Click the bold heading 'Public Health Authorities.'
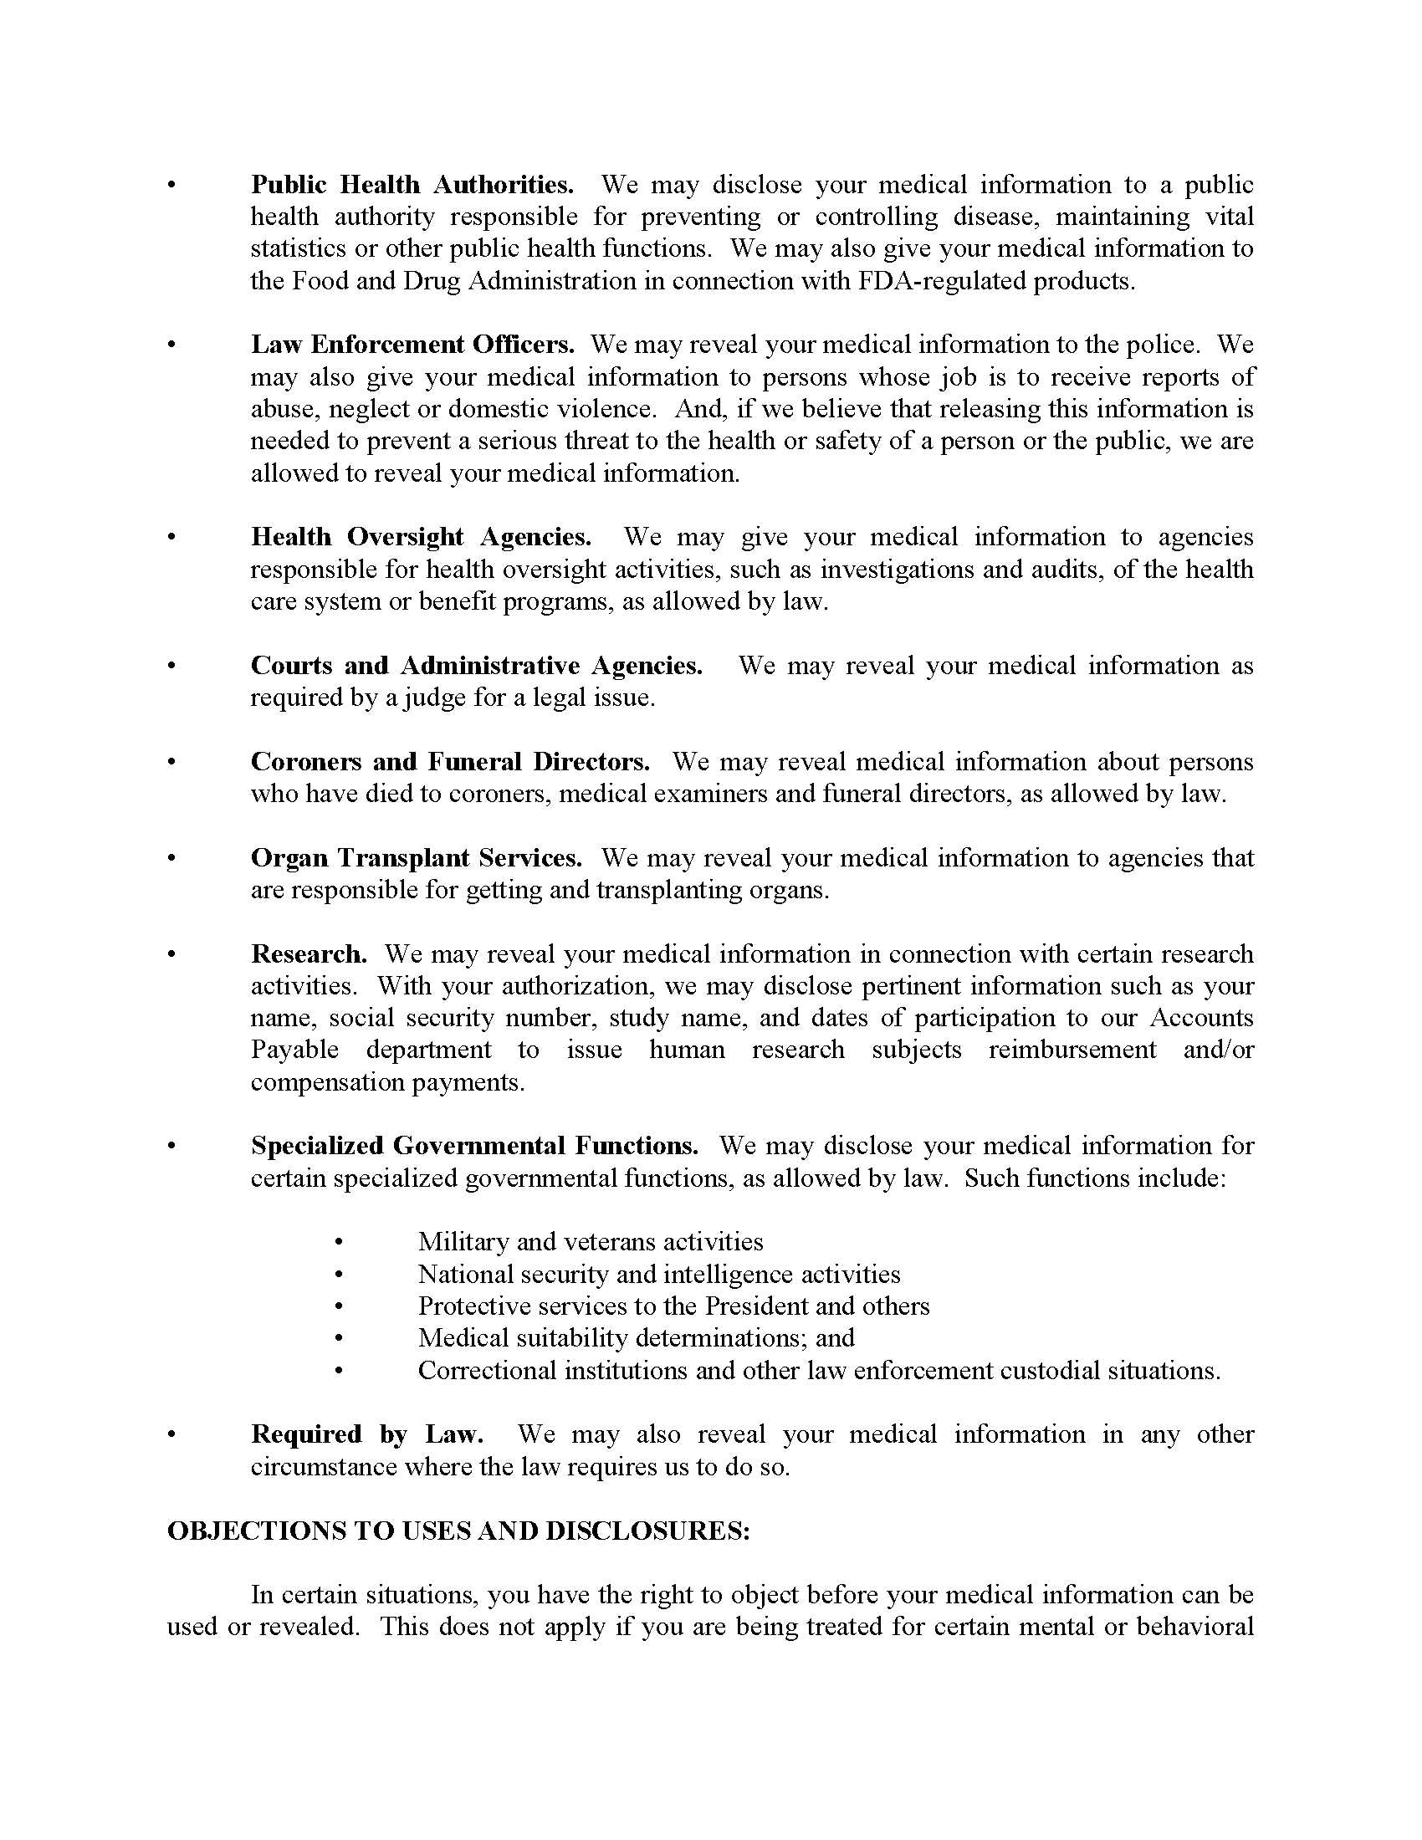[x=412, y=185]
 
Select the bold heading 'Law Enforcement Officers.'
[x=412, y=345]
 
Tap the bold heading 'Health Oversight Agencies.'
[x=421, y=537]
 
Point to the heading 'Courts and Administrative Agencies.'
[x=476, y=666]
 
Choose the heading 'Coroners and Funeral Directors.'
[x=450, y=762]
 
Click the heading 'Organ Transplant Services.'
[x=417, y=857]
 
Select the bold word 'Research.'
[x=309, y=953]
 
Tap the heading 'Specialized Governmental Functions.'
[x=474, y=1146]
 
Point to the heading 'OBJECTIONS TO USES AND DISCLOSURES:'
[x=458, y=1530]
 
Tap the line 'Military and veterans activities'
[x=591, y=1242]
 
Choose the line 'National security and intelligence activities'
[x=659, y=1274]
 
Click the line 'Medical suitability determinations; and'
[x=636, y=1338]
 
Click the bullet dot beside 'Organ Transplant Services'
[x=172, y=859]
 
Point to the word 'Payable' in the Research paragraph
[x=294, y=1050]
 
